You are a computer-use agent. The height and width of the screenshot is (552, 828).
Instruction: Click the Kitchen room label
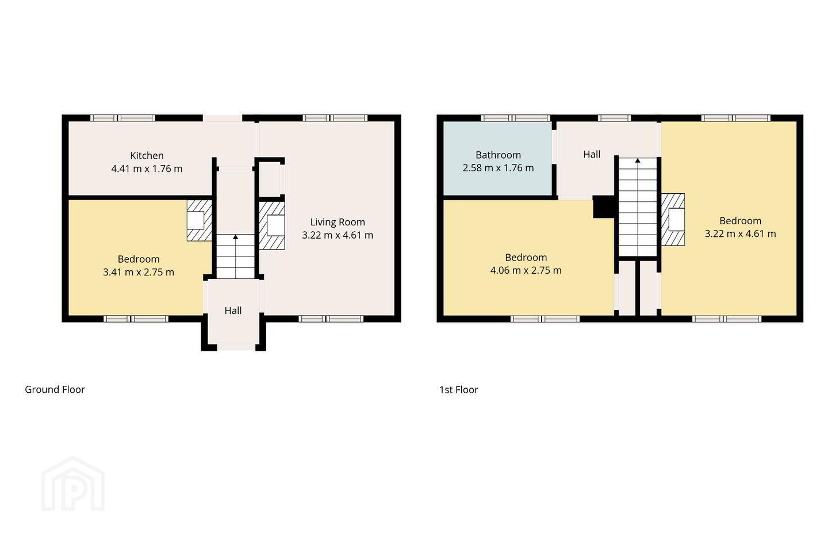147,156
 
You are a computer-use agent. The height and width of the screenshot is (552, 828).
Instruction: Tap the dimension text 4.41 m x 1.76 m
147,168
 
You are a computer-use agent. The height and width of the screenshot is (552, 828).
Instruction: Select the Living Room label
338,222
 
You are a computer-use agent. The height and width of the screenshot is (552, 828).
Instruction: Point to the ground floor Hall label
233,310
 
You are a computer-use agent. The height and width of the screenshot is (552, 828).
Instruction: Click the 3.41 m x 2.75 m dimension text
139,272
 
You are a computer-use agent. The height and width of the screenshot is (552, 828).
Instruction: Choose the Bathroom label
499,155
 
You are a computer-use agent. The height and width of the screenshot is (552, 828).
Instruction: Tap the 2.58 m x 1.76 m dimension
499,168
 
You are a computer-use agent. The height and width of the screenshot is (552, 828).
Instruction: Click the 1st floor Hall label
592,154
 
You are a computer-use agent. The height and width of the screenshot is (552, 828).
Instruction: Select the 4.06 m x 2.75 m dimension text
526,270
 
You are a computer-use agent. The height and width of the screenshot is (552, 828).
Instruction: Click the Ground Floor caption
55,389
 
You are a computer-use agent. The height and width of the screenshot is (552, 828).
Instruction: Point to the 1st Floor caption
459,390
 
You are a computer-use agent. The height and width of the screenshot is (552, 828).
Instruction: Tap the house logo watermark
73,484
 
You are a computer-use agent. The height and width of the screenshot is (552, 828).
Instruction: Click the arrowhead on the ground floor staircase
236,237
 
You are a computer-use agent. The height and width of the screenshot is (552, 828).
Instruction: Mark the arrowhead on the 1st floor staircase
638,160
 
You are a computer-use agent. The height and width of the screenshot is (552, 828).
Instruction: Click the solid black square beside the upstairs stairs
604,207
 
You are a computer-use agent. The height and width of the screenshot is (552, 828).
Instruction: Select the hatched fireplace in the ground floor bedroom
200,221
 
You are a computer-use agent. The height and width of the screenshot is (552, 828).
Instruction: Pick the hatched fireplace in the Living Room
271,225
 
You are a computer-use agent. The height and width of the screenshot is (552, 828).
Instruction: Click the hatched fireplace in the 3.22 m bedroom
673,220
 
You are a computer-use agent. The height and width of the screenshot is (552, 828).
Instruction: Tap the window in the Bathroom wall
516,118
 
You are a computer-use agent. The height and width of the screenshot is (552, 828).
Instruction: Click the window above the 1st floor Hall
614,118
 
